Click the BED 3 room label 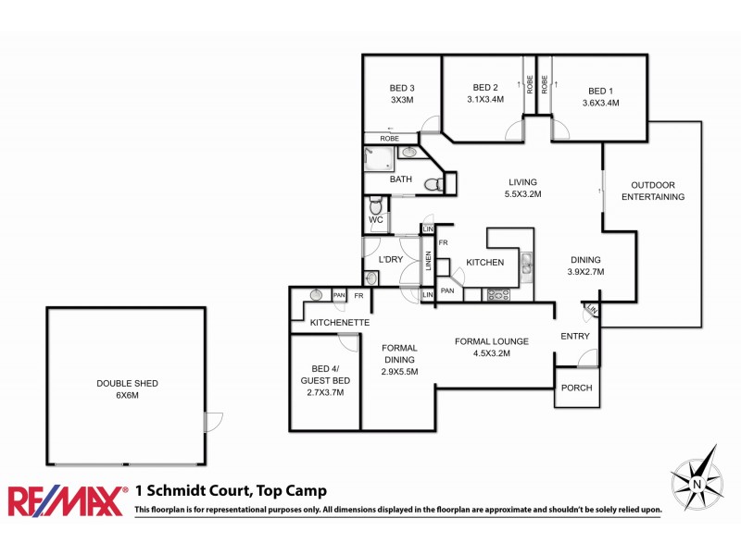(401, 89)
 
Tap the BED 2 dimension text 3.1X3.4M (485, 100)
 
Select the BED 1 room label (600, 91)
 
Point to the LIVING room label (522, 182)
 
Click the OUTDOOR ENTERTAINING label (652, 191)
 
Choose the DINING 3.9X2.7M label (584, 266)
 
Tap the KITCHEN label (484, 263)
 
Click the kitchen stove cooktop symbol (499, 295)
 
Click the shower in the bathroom (378, 159)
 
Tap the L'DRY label (390, 260)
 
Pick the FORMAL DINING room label (400, 360)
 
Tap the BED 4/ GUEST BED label (325, 380)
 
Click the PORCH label (577, 388)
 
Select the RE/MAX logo (68, 501)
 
